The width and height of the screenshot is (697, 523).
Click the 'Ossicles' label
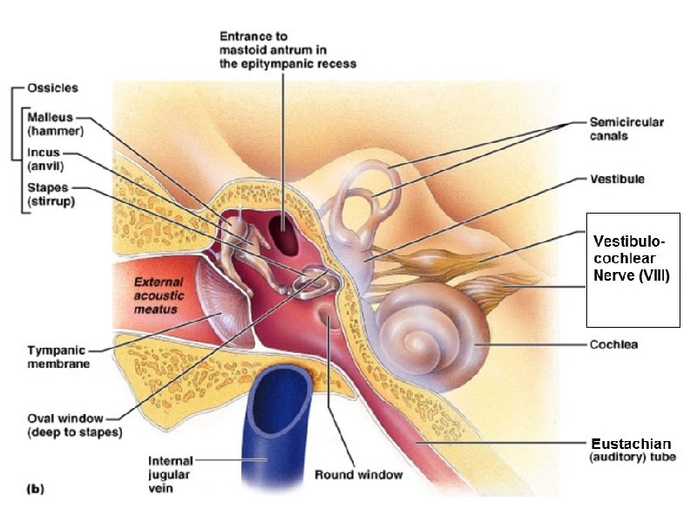pos(52,88)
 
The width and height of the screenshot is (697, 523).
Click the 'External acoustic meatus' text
pos(159,295)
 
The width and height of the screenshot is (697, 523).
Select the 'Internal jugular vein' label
pos(171,474)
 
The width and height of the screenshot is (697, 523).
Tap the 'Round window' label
pos(359,475)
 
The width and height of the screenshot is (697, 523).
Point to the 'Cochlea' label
pos(613,344)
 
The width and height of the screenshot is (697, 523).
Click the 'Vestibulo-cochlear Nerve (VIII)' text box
pos(633,269)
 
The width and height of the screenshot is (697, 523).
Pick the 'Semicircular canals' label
pos(626,129)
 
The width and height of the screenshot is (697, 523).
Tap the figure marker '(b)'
pos(33,490)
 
